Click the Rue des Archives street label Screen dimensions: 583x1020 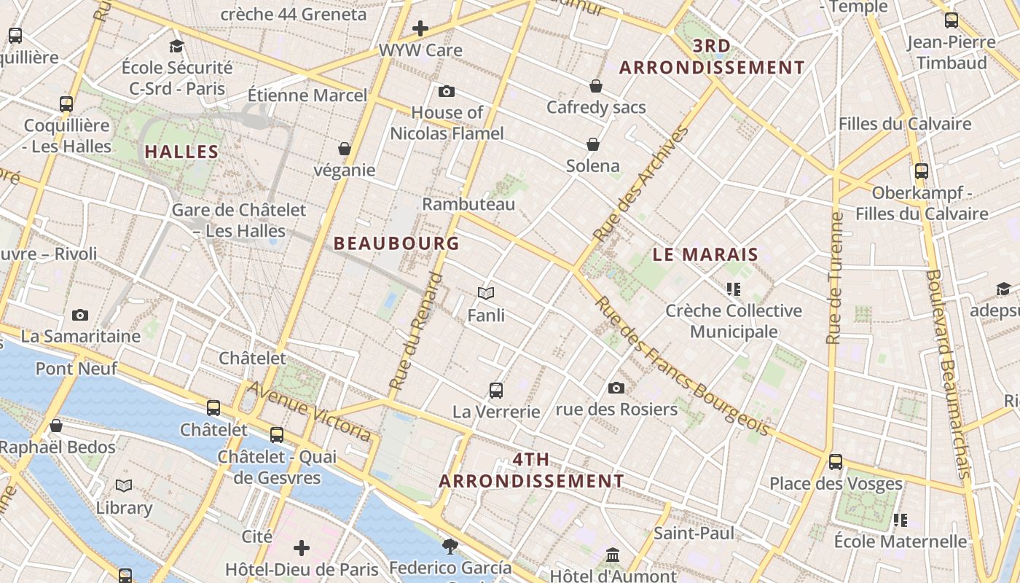(641, 184)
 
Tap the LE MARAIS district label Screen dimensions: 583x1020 (705, 255)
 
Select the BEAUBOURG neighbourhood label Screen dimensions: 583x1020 (396, 243)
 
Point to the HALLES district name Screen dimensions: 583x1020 (181, 152)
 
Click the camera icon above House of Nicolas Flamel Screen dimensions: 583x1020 (447, 92)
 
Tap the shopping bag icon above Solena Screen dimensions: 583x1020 (593, 144)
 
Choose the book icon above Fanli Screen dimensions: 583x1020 (486, 293)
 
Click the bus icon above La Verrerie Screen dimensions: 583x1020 (496, 390)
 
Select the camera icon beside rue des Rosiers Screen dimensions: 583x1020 (616, 388)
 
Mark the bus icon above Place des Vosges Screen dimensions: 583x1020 (836, 461)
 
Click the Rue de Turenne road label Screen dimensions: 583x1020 (835, 278)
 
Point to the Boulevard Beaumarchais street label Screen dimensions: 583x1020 (948, 375)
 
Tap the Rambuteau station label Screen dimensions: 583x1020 (468, 204)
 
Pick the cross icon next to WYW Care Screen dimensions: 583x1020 (420, 29)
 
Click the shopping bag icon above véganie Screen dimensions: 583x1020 (345, 149)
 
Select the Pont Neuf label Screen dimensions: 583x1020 (76, 368)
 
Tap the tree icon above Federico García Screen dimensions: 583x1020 (450, 546)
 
